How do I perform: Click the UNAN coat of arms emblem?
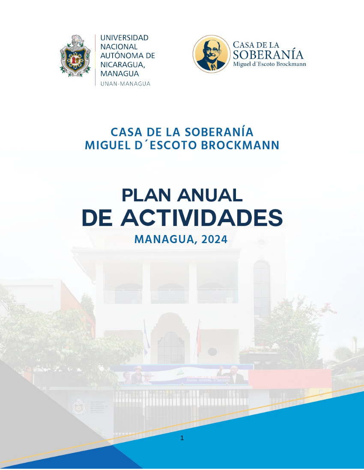(x=75, y=56)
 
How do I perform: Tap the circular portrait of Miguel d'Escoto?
(x=212, y=54)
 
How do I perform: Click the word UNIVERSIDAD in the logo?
(x=124, y=38)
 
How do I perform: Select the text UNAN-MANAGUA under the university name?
(x=125, y=84)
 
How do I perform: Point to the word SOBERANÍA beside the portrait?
(x=268, y=55)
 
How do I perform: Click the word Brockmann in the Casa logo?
(x=291, y=64)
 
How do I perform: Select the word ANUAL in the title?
(x=210, y=195)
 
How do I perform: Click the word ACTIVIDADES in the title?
(x=202, y=217)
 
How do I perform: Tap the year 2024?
(x=215, y=240)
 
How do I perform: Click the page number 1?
(x=182, y=438)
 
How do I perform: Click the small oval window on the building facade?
(x=212, y=352)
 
